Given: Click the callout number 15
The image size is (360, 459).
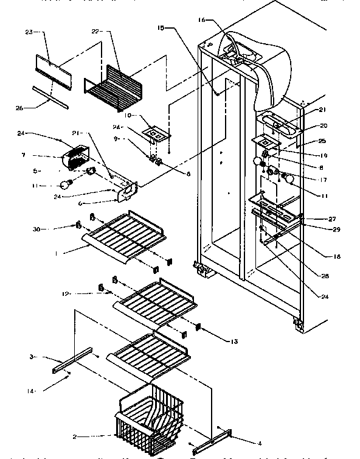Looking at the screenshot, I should coord(161,28).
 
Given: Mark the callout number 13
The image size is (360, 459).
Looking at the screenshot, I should coord(217,342).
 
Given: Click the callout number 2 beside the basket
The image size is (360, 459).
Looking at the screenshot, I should coord(91,436).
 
